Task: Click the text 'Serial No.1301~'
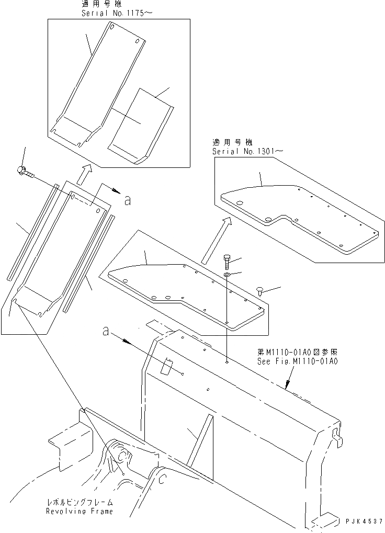pos(248,151)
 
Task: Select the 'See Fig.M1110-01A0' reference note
pos(297,361)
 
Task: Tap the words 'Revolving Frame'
pos(79,511)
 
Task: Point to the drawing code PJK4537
pos(364,522)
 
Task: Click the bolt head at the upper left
pos(22,170)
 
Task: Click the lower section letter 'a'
pos(106,331)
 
